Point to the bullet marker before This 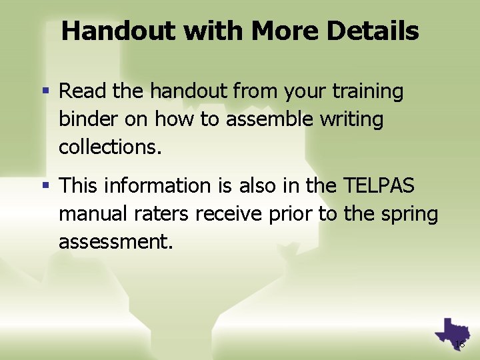48,185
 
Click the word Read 79,91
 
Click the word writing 351,119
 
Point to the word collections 110,147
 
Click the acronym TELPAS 380,185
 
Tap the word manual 85,214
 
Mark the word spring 409,214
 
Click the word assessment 116,241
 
